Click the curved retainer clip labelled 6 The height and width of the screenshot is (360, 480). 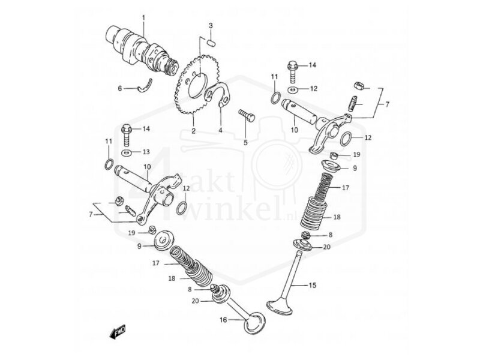click(x=146, y=86)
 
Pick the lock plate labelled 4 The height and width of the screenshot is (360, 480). click(x=220, y=96)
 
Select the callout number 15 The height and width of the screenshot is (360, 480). click(x=312, y=285)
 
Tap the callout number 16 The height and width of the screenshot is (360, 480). click(x=223, y=320)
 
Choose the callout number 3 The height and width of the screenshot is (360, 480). click(x=211, y=25)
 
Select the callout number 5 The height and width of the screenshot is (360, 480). click(x=245, y=142)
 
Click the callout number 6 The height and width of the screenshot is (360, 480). click(x=119, y=88)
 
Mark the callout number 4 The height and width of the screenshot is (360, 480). click(x=220, y=130)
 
